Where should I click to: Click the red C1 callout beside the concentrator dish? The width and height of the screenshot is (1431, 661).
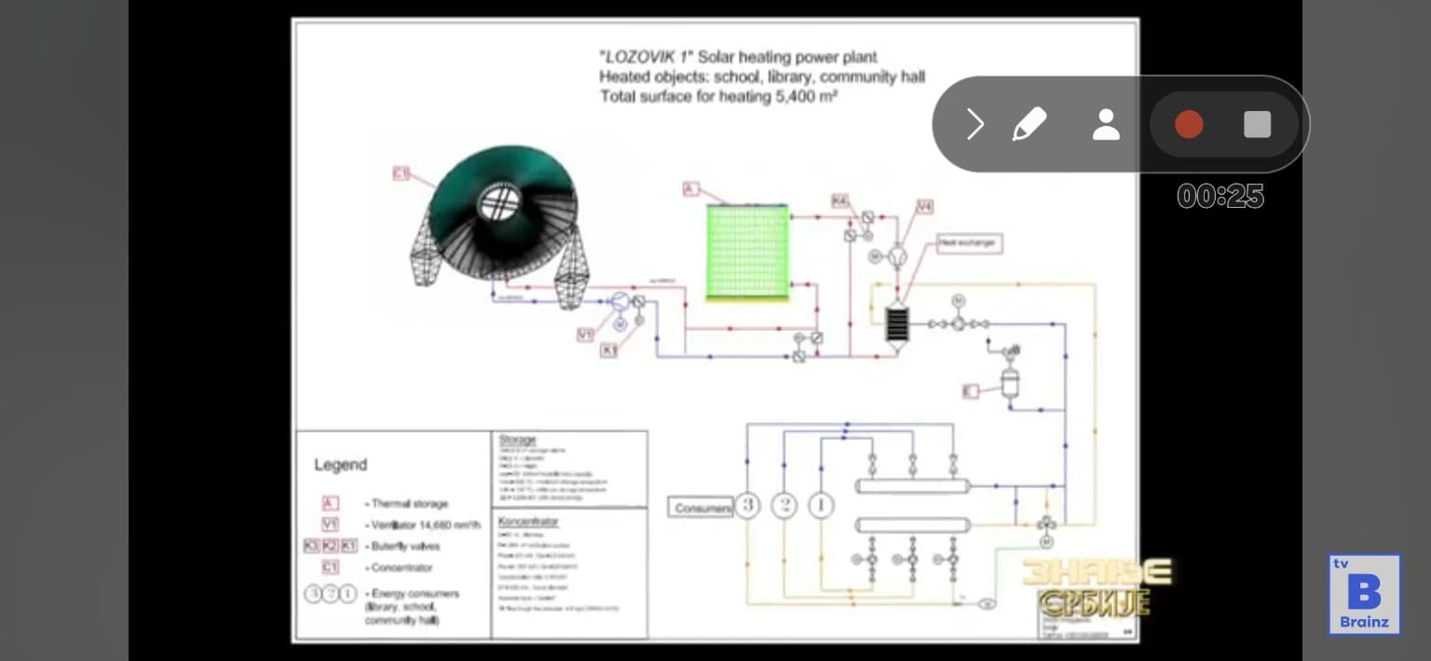tap(402, 172)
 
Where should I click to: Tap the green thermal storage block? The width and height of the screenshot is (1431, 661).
tap(746, 252)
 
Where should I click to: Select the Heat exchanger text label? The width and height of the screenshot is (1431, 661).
tap(967, 243)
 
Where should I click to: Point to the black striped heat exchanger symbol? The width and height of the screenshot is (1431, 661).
tap(895, 324)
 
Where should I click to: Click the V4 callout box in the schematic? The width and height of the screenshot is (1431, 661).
tap(924, 207)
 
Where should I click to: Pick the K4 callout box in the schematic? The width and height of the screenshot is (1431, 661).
tap(840, 201)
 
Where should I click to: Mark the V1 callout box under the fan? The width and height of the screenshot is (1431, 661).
tap(586, 335)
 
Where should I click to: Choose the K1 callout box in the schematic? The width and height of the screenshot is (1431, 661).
tap(609, 351)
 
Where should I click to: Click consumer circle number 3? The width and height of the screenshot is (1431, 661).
tap(747, 506)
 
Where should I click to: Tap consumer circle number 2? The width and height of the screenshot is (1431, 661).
tap(784, 506)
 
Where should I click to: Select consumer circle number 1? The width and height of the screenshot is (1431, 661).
tap(821, 506)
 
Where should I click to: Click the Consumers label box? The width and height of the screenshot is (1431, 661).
tap(701, 508)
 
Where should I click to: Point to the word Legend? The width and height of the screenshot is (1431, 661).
tap(340, 464)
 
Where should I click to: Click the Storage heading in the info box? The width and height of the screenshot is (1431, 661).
tap(517, 440)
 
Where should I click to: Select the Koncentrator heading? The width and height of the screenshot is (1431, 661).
tap(528, 521)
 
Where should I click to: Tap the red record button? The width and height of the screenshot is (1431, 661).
tap(1189, 124)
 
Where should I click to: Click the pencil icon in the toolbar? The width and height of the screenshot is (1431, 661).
tap(1029, 124)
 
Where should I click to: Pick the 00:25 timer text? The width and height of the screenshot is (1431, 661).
tap(1220, 196)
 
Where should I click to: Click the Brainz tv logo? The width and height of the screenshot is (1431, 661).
tap(1365, 595)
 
